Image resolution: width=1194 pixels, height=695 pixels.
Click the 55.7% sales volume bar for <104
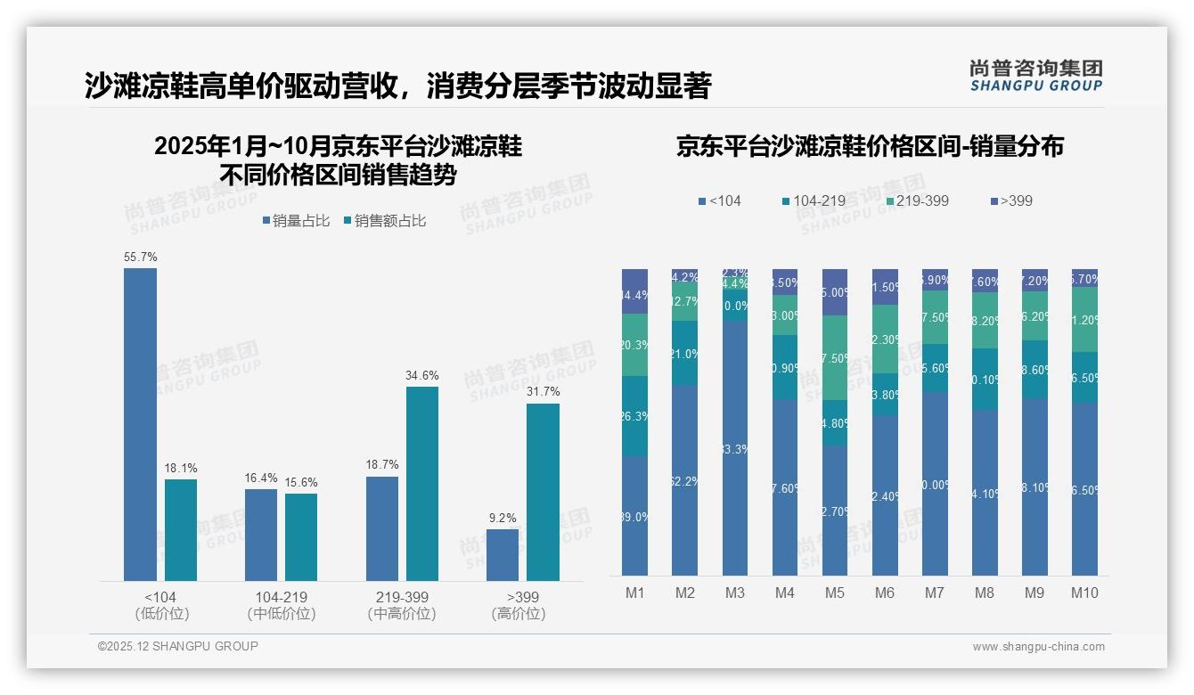tap(140, 424)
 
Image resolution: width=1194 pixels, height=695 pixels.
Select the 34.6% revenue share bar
tap(422, 483)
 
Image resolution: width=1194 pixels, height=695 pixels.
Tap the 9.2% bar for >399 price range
tap(503, 554)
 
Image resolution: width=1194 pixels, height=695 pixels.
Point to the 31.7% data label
tap(543, 392)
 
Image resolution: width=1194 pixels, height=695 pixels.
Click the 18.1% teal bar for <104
tap(181, 529)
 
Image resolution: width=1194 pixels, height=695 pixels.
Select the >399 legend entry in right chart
tap(1010, 200)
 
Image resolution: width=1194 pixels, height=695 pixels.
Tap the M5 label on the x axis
tap(834, 593)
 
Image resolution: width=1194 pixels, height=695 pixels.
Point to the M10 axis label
tap(1084, 593)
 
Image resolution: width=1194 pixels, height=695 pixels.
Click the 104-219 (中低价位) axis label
tap(281, 605)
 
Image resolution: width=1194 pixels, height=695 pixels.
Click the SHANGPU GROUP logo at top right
tap(1035, 76)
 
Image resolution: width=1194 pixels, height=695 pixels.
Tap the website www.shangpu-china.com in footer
tap(1038, 647)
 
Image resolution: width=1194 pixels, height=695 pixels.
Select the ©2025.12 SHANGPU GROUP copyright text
tap(177, 646)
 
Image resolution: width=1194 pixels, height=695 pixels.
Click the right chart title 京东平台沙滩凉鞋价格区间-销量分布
tap(870, 147)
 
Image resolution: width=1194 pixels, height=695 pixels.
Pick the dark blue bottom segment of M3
tap(735, 447)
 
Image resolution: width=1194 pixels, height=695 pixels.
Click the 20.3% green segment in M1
tap(634, 345)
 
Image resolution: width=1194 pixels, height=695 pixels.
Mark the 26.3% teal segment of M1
tap(634, 416)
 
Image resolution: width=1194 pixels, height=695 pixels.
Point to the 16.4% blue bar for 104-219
tap(261, 535)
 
